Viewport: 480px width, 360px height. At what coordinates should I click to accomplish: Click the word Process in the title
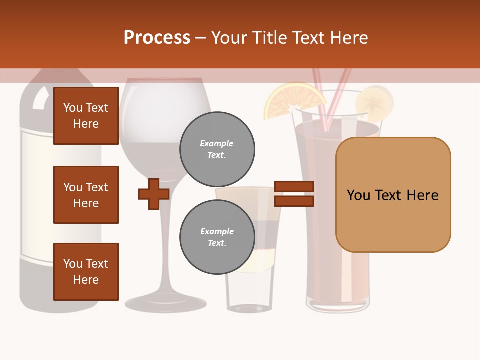(x=157, y=38)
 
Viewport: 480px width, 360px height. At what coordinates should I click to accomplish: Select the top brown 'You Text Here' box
(x=86, y=116)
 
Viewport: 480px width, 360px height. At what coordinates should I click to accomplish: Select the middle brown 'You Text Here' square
(x=86, y=195)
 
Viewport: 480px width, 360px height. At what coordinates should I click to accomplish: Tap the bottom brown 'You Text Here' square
(x=86, y=272)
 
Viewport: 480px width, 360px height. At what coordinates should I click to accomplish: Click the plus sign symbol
(x=154, y=194)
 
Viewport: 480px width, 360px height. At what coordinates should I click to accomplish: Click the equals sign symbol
(x=294, y=194)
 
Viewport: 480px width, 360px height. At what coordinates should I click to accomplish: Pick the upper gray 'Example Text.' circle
(x=217, y=149)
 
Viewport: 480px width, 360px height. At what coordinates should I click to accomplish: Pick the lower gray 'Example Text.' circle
(x=217, y=237)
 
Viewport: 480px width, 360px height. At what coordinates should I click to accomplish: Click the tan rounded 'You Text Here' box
(x=393, y=195)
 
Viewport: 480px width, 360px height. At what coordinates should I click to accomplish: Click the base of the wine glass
(x=165, y=302)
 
